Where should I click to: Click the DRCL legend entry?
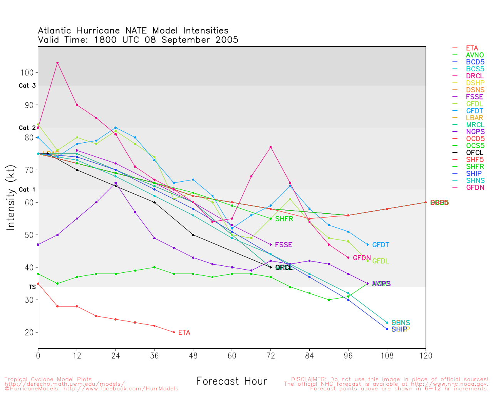point(475,76)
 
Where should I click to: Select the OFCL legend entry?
point(475,153)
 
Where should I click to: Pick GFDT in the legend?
point(475,111)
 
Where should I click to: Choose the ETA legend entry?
point(472,48)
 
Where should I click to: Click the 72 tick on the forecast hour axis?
point(271,356)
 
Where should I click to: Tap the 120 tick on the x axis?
point(426,356)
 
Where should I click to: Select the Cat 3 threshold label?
point(27,86)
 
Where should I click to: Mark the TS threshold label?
point(32,287)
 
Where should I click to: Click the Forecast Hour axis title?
point(231,381)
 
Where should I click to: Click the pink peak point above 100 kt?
point(57,63)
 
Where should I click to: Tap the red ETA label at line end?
point(184,333)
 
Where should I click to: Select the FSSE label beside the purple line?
point(283,245)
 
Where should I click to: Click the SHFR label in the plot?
point(284,219)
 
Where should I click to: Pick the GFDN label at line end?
point(362,258)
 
